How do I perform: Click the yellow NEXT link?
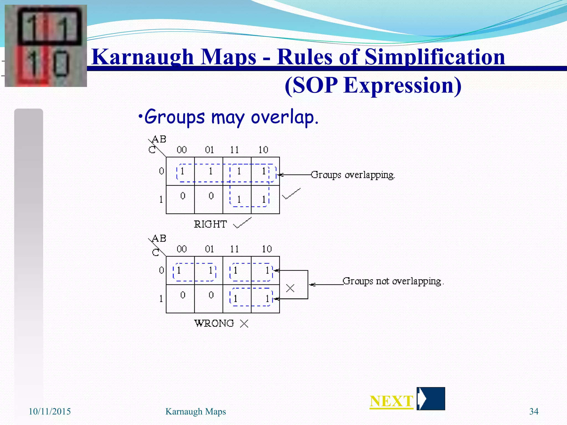point(391,401)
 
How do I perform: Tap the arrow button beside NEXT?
point(431,399)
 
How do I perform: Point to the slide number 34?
point(534,411)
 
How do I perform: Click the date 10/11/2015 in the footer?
point(50,411)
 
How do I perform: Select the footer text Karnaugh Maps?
point(195,411)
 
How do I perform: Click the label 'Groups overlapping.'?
point(353,175)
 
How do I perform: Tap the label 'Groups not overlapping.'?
point(393,281)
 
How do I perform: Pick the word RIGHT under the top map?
point(210,224)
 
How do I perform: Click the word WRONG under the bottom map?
point(214,323)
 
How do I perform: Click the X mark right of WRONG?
point(244,323)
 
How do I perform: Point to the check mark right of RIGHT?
point(243,223)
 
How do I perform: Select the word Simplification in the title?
point(435,57)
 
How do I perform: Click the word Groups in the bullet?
point(175,117)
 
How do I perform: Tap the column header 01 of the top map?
point(209,150)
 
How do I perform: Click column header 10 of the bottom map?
point(267,249)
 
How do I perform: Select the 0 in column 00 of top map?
point(183,196)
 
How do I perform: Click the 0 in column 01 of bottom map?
point(211,295)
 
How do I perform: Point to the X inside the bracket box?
point(290,288)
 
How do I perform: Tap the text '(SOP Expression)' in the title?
point(373,85)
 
